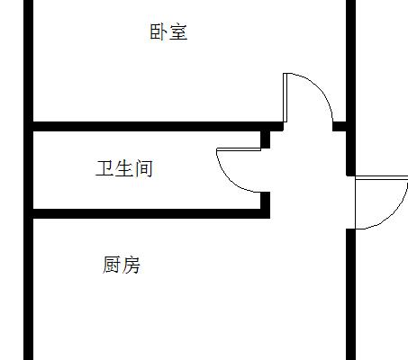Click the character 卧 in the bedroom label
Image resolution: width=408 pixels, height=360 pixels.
159,31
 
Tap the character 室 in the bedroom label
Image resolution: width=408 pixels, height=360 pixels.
178,31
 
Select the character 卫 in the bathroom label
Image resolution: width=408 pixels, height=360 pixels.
104,168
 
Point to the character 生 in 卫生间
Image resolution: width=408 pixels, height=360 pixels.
123,168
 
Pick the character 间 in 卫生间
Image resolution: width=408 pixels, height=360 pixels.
144,168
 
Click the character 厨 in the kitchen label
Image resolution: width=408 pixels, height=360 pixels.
112,265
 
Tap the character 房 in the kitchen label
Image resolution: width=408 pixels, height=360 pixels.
131,265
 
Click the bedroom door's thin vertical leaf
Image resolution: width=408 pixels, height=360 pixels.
285,97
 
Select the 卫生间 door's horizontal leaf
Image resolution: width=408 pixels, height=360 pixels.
239,149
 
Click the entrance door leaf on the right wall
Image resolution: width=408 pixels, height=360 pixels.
382,178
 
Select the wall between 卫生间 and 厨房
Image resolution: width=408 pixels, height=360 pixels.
151,213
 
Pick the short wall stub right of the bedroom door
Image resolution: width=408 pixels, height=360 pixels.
340,126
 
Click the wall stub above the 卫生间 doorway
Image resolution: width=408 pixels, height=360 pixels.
265,139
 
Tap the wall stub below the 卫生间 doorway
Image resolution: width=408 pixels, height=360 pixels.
265,201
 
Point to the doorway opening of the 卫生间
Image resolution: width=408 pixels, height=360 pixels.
265,170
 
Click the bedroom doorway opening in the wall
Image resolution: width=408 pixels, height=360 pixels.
308,126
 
